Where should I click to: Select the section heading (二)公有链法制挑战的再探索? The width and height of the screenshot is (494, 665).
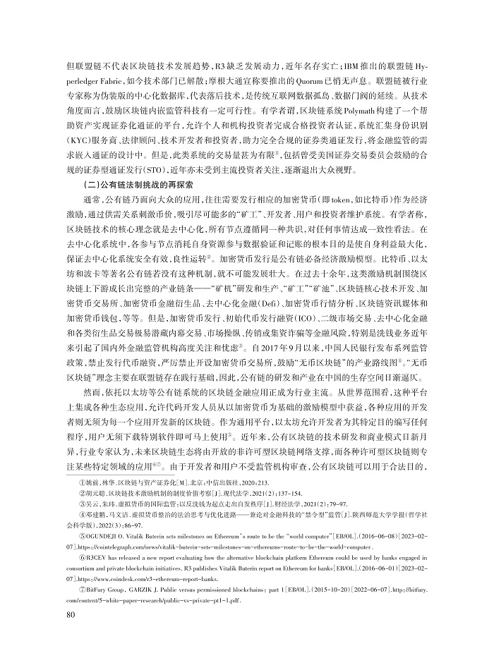coord(142,185)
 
